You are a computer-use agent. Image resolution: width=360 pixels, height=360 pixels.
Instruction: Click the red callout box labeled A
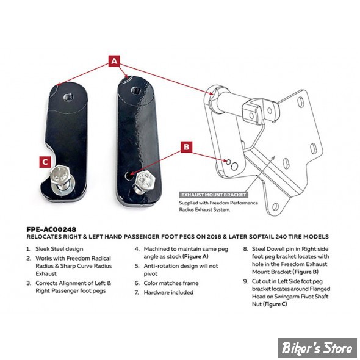[114, 61]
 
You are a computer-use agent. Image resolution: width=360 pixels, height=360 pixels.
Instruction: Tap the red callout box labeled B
[187, 146]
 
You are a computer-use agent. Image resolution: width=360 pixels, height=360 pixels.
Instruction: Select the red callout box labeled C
[45, 162]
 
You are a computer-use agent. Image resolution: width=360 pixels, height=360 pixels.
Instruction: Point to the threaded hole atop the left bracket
[68, 98]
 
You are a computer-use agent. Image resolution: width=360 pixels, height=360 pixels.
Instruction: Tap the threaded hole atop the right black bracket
[136, 91]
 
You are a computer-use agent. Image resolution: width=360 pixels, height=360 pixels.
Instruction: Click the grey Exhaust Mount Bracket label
[214, 195]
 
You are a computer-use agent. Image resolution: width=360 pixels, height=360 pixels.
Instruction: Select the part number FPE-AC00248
[51, 229]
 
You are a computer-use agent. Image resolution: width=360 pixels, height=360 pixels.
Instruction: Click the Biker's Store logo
[317, 347]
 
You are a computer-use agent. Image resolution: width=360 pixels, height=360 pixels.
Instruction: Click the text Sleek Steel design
[59, 249]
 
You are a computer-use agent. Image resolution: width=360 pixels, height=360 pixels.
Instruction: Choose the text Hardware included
[168, 292]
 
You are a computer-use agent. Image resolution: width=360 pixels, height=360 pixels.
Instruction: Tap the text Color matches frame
[171, 283]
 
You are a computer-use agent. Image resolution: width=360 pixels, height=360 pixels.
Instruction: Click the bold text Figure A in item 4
[195, 257]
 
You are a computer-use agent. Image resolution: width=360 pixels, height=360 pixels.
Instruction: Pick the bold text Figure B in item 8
[305, 272]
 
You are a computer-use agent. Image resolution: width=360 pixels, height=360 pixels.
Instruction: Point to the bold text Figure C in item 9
[275, 304]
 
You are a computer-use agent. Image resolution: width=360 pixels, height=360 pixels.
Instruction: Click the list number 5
[137, 266]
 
